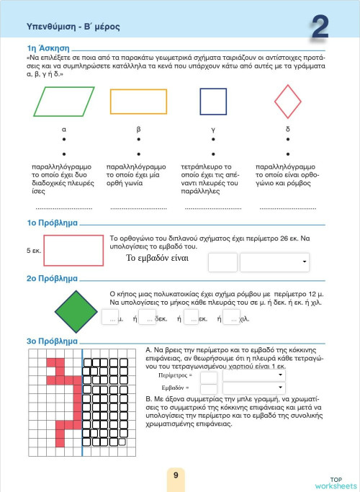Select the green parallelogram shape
tap(64, 101)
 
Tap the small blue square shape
tap(213, 102)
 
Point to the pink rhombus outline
tap(289, 102)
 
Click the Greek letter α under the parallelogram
tap(64, 130)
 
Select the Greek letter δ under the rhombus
tap(288, 130)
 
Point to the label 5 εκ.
tap(33, 251)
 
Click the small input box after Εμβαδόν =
tap(208, 388)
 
